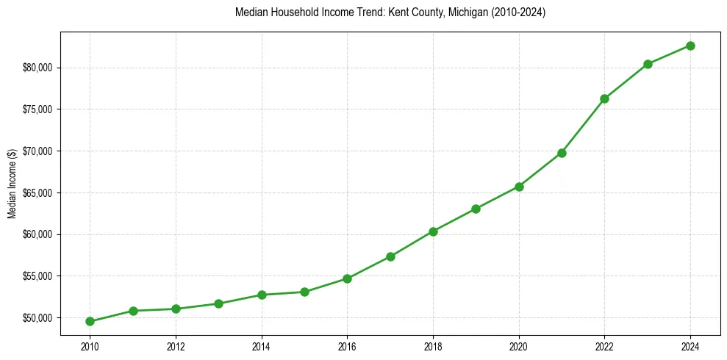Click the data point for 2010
click(90, 321)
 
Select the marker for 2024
click(690, 46)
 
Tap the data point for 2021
click(562, 153)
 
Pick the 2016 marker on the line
click(347, 278)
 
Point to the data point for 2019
click(476, 209)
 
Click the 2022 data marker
click(604, 98)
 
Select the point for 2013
click(218, 303)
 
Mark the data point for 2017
click(390, 256)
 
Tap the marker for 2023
click(648, 64)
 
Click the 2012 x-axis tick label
click(176, 346)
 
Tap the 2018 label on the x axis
click(433, 346)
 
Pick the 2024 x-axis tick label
click(690, 346)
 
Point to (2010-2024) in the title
click(515, 12)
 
